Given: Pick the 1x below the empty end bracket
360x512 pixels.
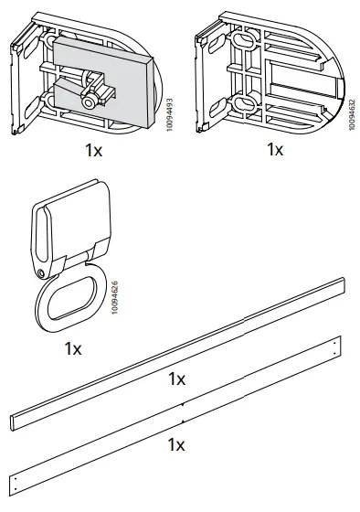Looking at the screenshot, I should [x=275, y=150].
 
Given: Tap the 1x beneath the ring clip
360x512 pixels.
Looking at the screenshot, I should [x=74, y=348].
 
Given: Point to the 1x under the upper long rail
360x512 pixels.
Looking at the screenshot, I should [x=177, y=379].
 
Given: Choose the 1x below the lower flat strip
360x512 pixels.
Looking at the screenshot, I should [x=177, y=445].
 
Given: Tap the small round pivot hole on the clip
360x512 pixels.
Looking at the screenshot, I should [x=41, y=273].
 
